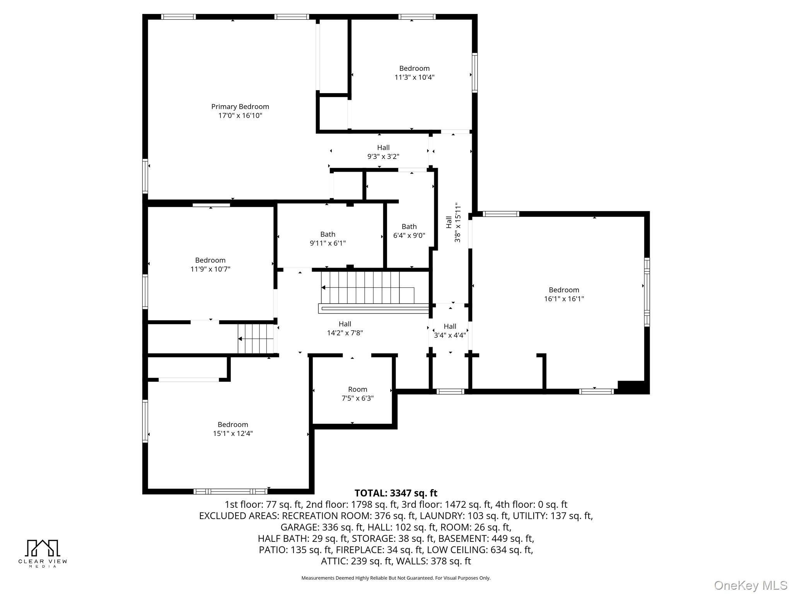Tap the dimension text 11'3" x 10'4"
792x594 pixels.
click(414, 77)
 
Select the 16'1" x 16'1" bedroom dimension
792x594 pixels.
click(564, 299)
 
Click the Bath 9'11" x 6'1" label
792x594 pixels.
click(328, 239)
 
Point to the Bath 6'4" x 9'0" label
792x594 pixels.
click(409, 231)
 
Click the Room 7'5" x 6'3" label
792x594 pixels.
click(357, 394)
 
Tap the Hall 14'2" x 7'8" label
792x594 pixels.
click(345, 328)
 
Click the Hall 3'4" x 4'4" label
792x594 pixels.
click(450, 331)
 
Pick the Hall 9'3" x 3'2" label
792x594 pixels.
click(383, 152)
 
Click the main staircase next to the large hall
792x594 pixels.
click(367, 288)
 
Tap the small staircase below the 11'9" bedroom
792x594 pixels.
click(256, 339)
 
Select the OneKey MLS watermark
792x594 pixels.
click(750, 585)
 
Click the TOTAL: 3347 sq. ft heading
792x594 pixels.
click(396, 493)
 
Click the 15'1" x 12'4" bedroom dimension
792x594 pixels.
click(233, 434)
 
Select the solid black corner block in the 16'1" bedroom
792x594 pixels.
click(631, 387)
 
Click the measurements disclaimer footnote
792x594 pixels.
click(396, 578)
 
